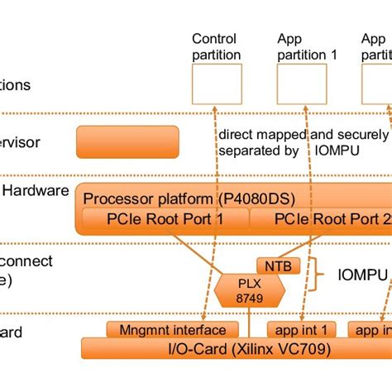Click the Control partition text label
(216, 47)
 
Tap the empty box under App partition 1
(301, 84)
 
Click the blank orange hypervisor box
(127, 141)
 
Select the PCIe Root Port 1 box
(165, 218)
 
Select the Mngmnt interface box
(166, 330)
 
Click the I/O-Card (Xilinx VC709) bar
(235, 348)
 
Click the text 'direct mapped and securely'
(303, 135)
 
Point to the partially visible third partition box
(376, 84)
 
